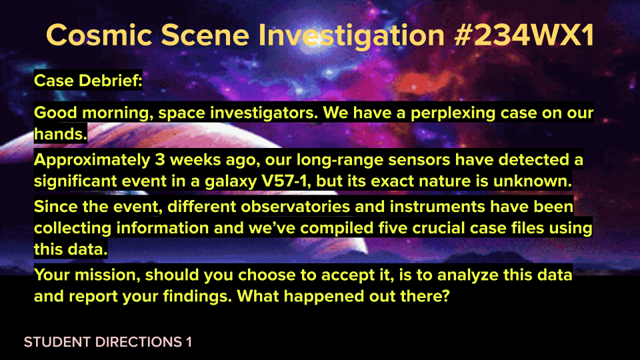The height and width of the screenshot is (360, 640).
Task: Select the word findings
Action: tap(192, 296)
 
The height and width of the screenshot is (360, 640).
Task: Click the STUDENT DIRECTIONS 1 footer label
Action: tap(108, 343)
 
